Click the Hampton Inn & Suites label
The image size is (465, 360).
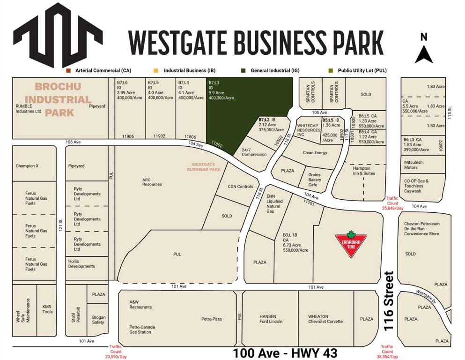click(361, 171)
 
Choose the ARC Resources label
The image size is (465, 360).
click(152, 181)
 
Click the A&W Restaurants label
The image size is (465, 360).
click(140, 305)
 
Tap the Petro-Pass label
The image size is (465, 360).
click(212, 319)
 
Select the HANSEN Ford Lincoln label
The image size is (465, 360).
click(271, 319)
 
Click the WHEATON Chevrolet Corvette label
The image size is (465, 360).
click(325, 319)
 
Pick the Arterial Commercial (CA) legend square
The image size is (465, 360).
click(68, 70)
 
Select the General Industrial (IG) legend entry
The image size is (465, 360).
click(271, 70)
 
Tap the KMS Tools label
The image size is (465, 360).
click(47, 309)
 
